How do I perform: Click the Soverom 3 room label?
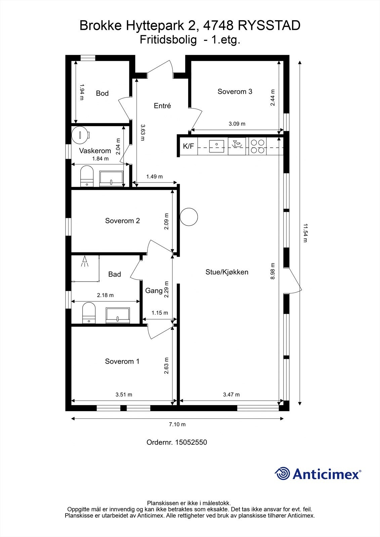[235, 92]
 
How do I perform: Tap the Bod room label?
[102, 93]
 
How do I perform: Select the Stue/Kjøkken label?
[227, 272]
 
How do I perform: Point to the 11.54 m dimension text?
[305, 233]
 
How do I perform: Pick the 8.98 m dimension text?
[272, 271]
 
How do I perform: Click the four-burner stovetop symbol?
[257, 146]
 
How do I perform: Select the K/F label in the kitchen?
[188, 146]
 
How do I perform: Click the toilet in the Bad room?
[89, 313]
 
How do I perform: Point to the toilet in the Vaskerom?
[87, 176]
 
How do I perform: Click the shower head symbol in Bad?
[84, 261]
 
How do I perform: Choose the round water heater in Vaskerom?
[80, 135]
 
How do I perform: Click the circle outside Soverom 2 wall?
[189, 216]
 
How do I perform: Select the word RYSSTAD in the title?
[269, 26]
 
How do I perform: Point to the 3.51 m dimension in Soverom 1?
[124, 395]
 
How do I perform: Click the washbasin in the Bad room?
[118, 315]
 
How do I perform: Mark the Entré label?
[162, 106]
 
